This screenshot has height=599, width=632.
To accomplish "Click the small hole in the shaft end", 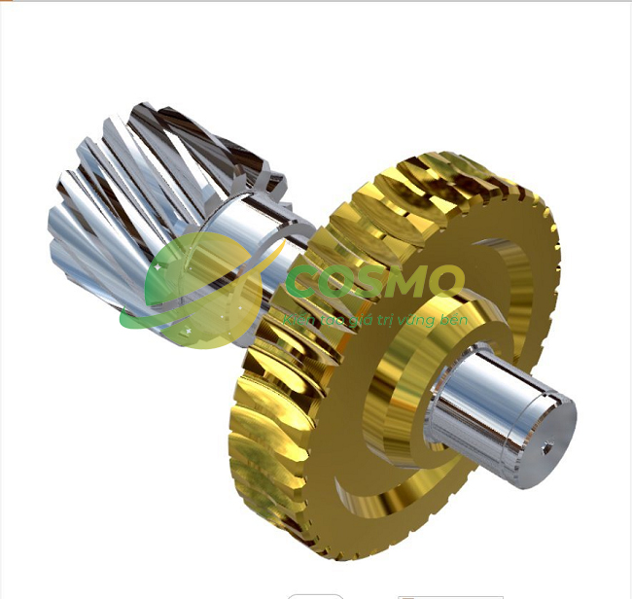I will pos(547,447).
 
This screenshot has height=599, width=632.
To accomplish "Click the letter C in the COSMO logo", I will pos(310,283).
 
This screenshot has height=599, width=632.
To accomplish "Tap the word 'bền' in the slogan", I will pos(454,318).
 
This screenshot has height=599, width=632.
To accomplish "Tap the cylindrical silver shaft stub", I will pos(486,408).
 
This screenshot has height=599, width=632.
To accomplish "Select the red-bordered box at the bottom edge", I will pos(450,595).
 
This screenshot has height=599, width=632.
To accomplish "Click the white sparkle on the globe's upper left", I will pos(158,264).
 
